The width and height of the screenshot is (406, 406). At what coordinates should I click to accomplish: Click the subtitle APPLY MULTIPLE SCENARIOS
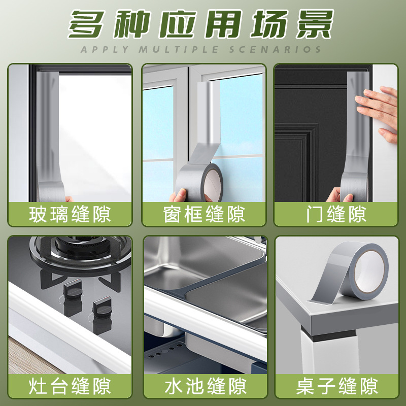(x=202, y=49)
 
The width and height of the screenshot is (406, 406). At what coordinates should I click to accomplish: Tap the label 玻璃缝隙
(x=70, y=214)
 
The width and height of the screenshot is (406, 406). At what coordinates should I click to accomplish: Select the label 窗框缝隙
(x=204, y=214)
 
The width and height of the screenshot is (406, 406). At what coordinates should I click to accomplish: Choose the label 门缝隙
(x=335, y=214)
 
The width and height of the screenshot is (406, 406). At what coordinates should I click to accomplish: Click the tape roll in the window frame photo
(x=210, y=183)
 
